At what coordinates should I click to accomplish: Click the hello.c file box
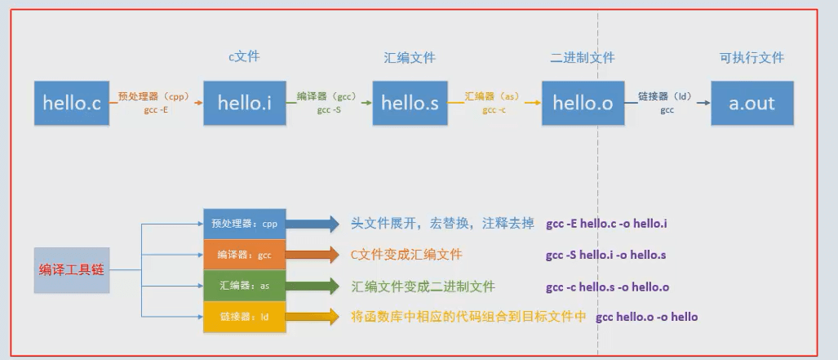(72, 103)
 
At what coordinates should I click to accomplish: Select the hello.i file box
(244, 103)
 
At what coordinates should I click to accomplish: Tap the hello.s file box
(410, 103)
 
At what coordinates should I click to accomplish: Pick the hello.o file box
(583, 103)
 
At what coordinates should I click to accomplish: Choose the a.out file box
(752, 103)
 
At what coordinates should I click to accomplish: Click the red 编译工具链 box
(73, 269)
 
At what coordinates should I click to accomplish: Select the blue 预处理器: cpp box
(245, 223)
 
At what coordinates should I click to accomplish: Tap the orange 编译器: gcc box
(245, 255)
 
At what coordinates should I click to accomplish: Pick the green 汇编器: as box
(245, 286)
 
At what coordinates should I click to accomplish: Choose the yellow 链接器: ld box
(245, 317)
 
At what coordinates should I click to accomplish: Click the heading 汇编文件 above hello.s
(410, 58)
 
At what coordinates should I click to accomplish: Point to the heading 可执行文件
(752, 58)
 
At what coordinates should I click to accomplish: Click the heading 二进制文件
(583, 58)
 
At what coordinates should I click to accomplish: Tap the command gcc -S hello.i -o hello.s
(606, 255)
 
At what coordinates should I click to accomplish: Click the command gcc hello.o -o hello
(647, 317)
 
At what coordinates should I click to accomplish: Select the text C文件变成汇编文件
(406, 255)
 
